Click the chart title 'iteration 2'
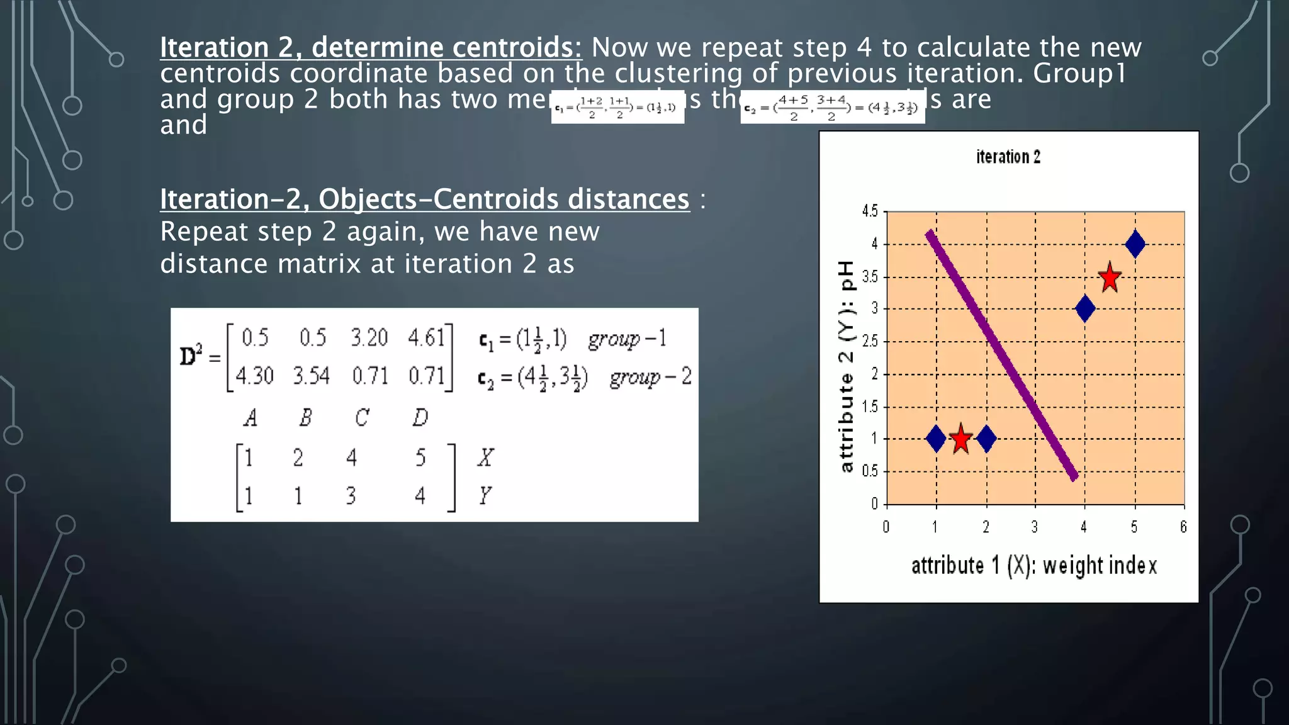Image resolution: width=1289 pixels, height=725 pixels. pyautogui.click(x=1008, y=157)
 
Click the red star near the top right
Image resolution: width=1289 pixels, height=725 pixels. pyautogui.click(x=1110, y=278)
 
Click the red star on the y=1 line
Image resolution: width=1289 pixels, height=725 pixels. pyautogui.click(x=960, y=439)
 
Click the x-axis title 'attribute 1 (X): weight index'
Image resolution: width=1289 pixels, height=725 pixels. pyautogui.click(x=1033, y=565)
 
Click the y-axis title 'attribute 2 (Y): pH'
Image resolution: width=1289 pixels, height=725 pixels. pyautogui.click(x=847, y=366)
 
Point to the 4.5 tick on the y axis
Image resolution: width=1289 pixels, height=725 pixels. pyautogui.click(x=870, y=211)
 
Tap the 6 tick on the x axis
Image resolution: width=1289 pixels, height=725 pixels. pyautogui.click(x=1183, y=527)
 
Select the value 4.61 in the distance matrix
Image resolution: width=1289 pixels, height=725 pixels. pyautogui.click(x=426, y=338)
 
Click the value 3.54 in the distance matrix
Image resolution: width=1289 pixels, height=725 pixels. pyautogui.click(x=311, y=376)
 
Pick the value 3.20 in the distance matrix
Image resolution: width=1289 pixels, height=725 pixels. pyautogui.click(x=369, y=338)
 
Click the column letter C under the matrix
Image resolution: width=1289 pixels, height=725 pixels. pyautogui.click(x=361, y=417)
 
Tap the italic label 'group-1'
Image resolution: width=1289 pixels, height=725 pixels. pyautogui.click(x=627, y=339)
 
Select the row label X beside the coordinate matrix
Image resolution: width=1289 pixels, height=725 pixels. pyautogui.click(x=485, y=458)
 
